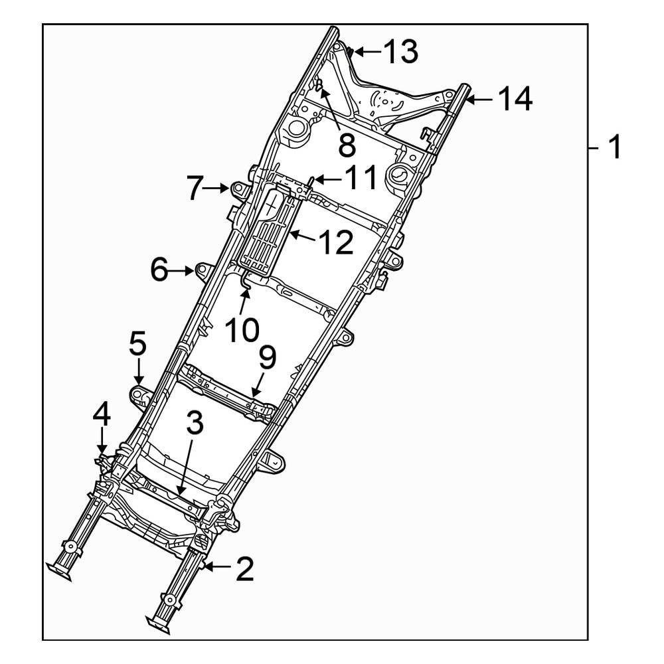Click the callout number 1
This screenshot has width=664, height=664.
coord(615,146)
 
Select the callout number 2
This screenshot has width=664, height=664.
coord(244,569)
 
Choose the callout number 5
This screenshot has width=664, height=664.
coord(137,345)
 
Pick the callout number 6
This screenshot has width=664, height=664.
coord(159,270)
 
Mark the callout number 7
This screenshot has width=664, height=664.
coord(193,189)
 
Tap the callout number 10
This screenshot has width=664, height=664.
coord(240,329)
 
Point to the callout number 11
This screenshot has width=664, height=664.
coord(358,178)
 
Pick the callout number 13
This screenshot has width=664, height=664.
coord(400,51)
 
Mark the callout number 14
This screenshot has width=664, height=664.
coord(515,100)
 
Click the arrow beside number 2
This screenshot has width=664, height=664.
coord(218,566)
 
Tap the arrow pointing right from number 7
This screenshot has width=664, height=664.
coord(216,189)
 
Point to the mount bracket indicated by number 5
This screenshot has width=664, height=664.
coord(141,395)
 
